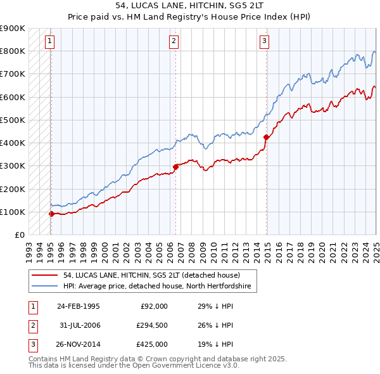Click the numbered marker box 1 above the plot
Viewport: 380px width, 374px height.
click(49, 42)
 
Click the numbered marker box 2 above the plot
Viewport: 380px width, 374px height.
click(174, 42)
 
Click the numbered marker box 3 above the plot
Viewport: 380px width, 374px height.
click(264, 42)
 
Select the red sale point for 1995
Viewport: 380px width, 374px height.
click(51, 214)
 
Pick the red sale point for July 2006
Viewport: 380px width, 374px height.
click(175, 167)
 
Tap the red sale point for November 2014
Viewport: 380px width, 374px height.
click(266, 137)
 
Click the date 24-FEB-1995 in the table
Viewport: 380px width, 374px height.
click(79, 306)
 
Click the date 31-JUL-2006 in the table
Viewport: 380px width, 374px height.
click(79, 325)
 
